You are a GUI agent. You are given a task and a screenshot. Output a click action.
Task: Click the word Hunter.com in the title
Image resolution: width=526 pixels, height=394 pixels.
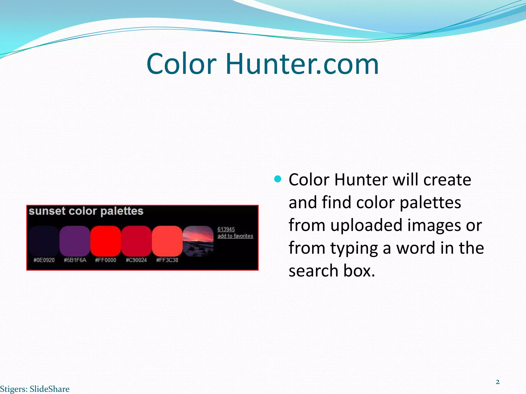(302, 64)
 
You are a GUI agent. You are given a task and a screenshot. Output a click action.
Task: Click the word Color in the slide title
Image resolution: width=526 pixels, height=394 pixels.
(181, 64)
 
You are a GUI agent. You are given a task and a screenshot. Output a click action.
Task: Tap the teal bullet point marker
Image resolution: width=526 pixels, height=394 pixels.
(278, 179)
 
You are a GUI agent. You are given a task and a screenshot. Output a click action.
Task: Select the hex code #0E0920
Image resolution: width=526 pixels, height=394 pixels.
(44, 260)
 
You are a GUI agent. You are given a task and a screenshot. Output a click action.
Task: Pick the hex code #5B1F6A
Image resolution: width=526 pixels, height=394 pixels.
(75, 260)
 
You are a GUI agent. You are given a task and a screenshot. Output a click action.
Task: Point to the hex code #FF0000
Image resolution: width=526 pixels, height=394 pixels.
(106, 260)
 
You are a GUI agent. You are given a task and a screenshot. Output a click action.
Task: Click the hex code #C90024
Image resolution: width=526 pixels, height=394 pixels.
(136, 260)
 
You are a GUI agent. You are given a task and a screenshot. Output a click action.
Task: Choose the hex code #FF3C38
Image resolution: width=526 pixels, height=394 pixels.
(167, 260)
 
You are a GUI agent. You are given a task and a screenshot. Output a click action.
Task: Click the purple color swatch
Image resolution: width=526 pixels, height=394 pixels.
(75, 241)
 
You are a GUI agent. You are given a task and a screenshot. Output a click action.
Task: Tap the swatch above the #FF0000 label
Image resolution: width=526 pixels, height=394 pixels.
(106, 241)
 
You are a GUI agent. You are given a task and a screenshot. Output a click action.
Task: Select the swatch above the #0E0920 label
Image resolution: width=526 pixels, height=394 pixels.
(44, 241)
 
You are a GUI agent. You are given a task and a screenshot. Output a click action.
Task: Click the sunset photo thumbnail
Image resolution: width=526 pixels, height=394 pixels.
(198, 241)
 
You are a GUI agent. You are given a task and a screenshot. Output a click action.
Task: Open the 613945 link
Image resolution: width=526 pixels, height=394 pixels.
(226, 229)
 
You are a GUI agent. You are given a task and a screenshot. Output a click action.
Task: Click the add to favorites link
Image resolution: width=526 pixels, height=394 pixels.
(235, 236)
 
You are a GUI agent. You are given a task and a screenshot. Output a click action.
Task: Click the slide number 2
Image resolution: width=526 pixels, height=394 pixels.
(497, 382)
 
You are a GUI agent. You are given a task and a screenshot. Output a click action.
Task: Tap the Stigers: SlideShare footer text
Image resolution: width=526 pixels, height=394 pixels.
(35, 389)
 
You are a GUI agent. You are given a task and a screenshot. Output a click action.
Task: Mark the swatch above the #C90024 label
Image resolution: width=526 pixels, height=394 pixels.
(136, 241)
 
